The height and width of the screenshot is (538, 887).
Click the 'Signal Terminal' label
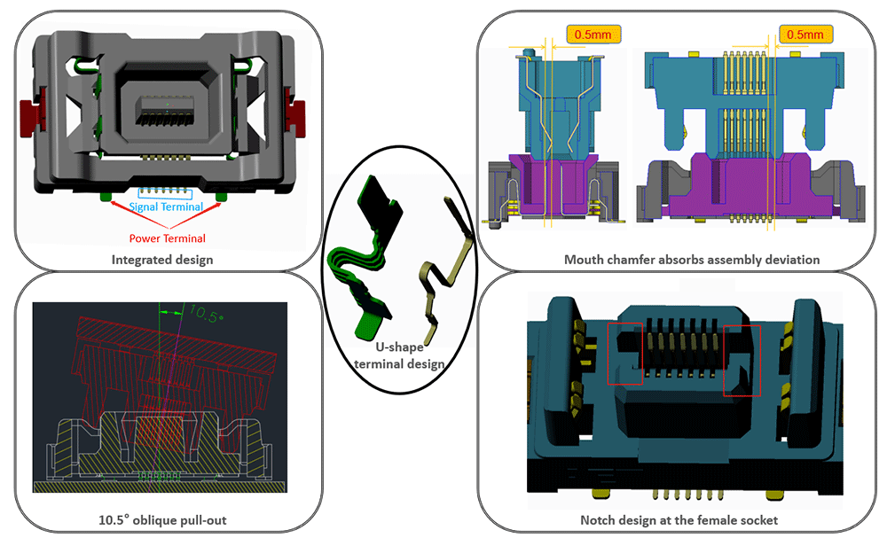pos(167,207)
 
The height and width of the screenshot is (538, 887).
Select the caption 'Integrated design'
pos(162,260)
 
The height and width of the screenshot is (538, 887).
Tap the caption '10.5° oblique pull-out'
pos(163,519)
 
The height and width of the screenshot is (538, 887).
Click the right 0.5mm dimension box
pos(805,35)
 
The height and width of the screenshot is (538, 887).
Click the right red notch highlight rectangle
pos(742,359)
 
